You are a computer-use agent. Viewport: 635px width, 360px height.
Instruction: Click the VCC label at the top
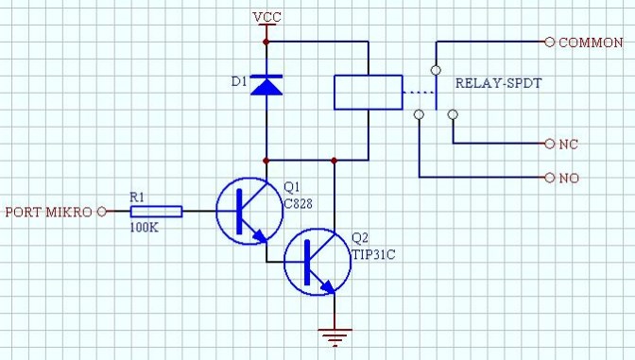(x=266, y=19)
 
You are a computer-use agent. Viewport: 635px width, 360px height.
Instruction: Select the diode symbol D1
(x=267, y=86)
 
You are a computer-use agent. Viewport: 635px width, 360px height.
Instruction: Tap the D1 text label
(x=239, y=83)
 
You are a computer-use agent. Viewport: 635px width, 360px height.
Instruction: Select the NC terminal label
(x=569, y=144)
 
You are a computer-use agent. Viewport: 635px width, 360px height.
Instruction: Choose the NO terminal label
(x=569, y=178)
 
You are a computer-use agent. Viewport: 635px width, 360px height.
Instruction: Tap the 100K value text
(x=144, y=229)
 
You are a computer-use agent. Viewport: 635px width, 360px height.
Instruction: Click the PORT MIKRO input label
(x=48, y=212)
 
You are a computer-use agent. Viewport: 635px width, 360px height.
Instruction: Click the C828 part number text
(x=299, y=203)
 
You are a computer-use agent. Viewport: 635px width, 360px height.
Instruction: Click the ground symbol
(x=335, y=335)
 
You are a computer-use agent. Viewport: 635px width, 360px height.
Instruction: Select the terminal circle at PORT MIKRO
(x=99, y=212)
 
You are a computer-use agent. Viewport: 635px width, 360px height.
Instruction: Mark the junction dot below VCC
(x=266, y=43)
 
